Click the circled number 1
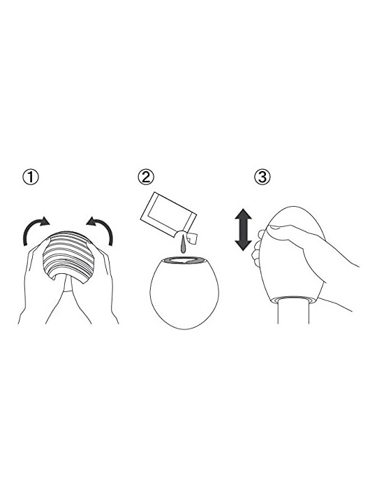click(31, 177)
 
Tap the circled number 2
click(146, 177)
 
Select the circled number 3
click(263, 177)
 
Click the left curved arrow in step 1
click(35, 229)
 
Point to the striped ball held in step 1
click(68, 256)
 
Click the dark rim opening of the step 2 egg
click(184, 260)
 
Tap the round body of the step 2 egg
click(184, 293)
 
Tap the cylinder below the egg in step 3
click(293, 312)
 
